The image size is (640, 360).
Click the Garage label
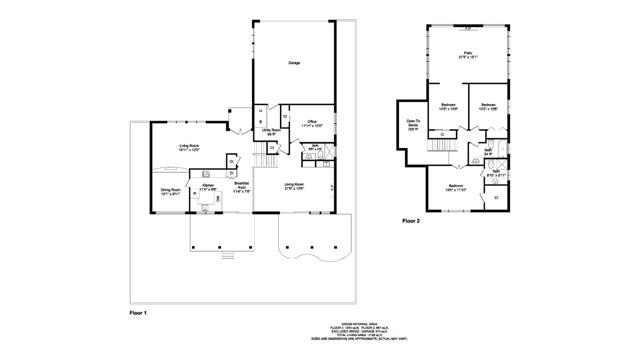pyautogui.click(x=295, y=63)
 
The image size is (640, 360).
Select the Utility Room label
pyautogui.click(x=267, y=131)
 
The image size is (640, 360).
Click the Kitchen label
pyautogui.click(x=207, y=187)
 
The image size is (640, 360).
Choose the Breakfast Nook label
pyautogui.click(x=241, y=188)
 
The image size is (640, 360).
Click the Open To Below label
pyautogui.click(x=411, y=125)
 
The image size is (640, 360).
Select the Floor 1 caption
pyautogui.click(x=139, y=314)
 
